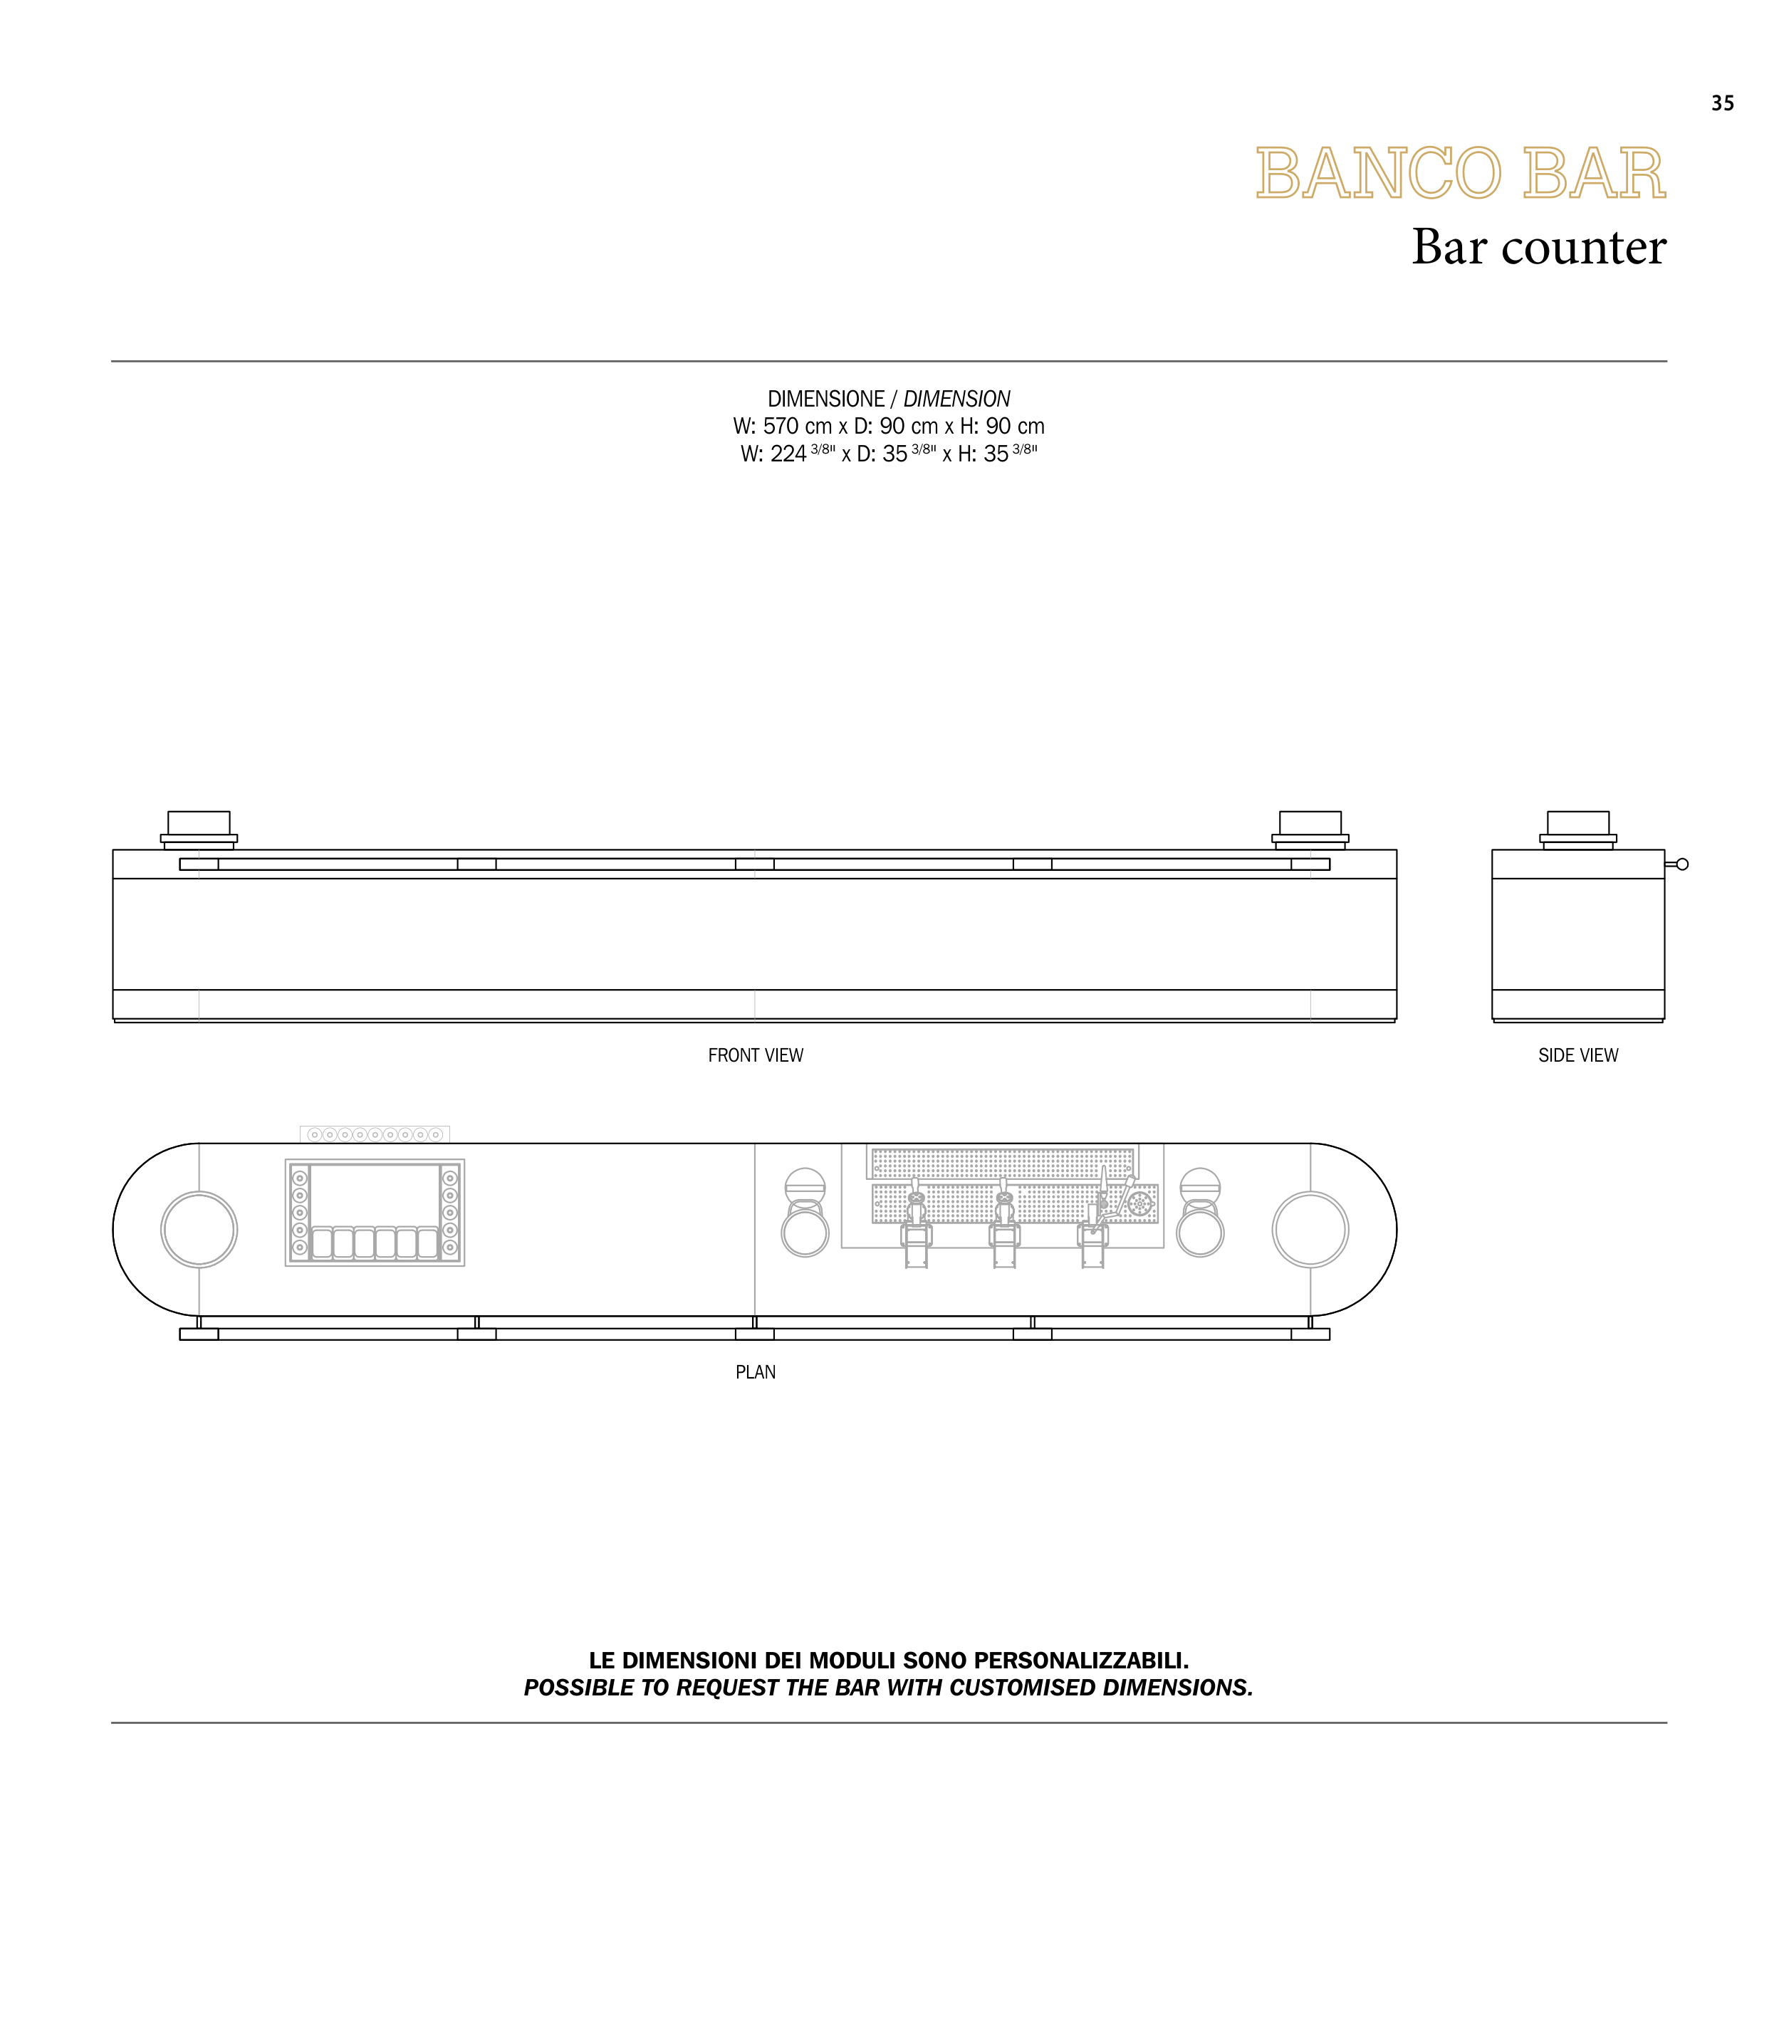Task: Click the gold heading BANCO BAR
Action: [x=1460, y=174]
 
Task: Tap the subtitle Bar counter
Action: [x=1538, y=247]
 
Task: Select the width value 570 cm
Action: [x=797, y=427]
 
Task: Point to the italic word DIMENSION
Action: [x=956, y=399]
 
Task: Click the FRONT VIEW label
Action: [x=755, y=1055]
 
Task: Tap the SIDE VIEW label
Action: [x=1577, y=1055]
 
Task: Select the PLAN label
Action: [x=755, y=1372]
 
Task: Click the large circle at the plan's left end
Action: [x=199, y=1229]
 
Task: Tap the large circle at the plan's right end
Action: [x=1310, y=1229]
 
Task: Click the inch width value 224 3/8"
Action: [x=800, y=454]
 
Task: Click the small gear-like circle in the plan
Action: [x=1139, y=1203]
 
